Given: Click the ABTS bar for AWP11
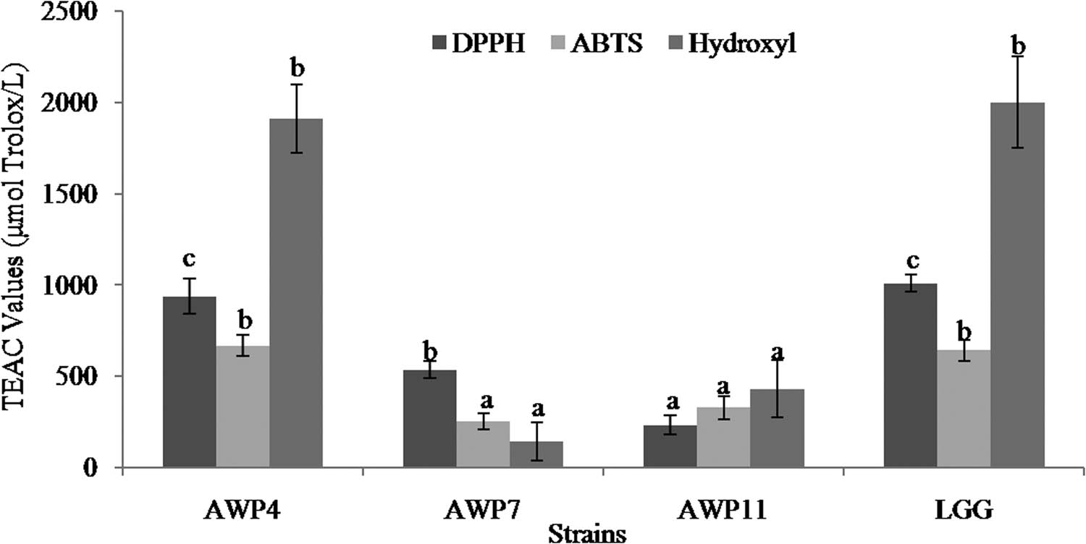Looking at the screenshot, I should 723,437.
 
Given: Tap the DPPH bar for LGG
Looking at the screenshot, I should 910,375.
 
